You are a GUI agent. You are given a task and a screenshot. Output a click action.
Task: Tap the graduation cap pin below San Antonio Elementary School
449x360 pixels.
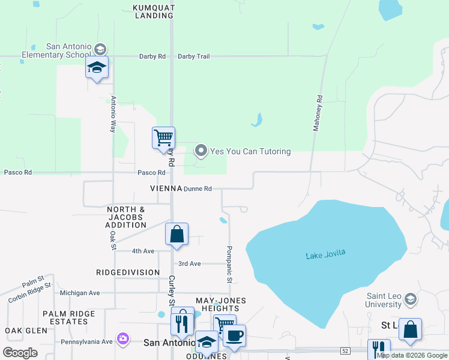pos(97,68)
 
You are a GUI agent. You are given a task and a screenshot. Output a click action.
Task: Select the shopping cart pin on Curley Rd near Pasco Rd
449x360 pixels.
pos(163,138)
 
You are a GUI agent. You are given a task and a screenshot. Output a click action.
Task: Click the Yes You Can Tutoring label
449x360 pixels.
pos(250,151)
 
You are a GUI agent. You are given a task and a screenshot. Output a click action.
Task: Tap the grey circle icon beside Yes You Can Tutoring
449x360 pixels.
pos(201,151)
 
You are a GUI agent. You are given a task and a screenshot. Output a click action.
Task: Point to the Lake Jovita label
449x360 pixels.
pos(325,255)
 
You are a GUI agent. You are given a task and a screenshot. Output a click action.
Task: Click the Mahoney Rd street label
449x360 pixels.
pos(318,113)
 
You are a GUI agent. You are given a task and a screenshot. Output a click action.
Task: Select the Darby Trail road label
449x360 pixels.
pos(193,56)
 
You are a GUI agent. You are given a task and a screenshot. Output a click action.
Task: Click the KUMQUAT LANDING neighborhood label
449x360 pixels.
pos(154,12)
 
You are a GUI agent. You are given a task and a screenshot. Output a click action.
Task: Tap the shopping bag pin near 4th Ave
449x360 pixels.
pos(176,234)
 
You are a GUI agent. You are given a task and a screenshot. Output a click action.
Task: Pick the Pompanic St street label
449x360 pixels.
pos(229,264)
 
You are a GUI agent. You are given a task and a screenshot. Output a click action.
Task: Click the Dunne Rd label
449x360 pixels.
pos(197,188)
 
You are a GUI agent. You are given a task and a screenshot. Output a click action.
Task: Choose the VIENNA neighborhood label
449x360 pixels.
pos(166,188)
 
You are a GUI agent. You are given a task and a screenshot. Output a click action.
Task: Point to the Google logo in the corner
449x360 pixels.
pos(20,352)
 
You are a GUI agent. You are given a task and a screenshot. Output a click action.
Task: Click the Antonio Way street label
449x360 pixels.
pos(112,115)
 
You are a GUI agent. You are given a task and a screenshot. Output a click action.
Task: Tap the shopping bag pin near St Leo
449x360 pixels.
pos(410,329)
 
